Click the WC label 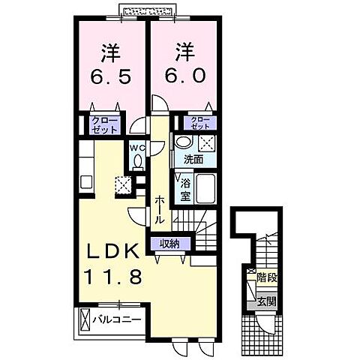coord(136,148)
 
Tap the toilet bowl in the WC coord(136,160)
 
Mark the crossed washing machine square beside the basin coord(205,143)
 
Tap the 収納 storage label coord(169,243)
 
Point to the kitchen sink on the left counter coord(85,181)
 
